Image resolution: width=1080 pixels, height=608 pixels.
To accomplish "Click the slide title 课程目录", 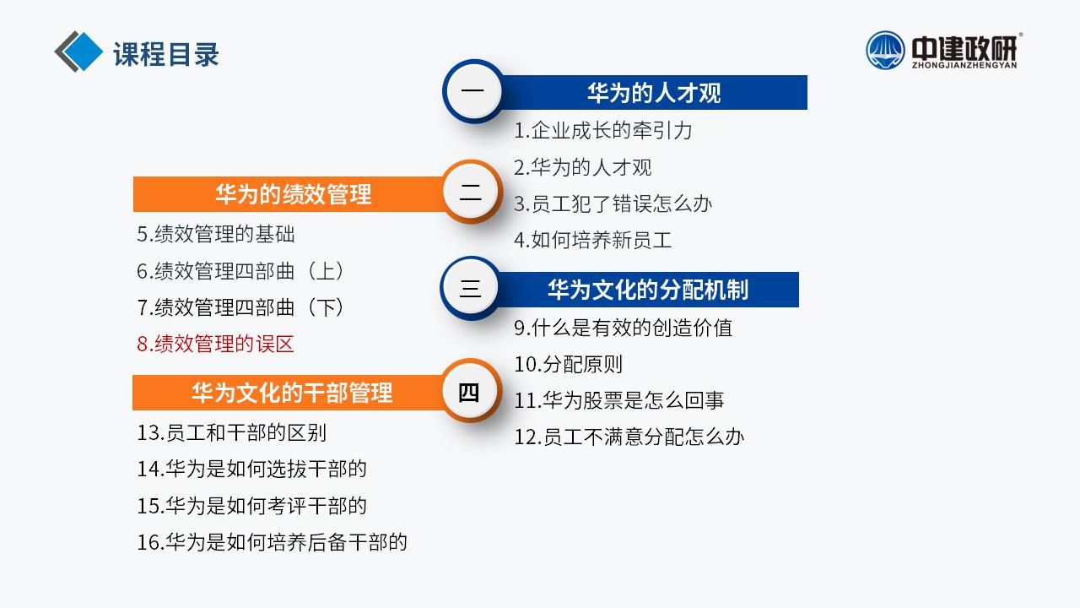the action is [166, 54].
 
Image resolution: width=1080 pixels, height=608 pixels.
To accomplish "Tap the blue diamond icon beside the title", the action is [83, 52].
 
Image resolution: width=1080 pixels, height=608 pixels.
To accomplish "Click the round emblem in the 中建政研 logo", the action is [885, 50].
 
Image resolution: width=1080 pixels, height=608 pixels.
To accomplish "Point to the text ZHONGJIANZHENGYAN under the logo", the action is [964, 65].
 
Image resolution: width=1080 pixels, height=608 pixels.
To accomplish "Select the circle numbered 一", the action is [473, 90].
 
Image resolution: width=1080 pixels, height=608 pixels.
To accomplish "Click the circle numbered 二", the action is [471, 192].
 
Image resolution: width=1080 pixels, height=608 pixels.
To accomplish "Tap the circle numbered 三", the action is [471, 288].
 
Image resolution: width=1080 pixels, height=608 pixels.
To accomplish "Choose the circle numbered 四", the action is [470, 391].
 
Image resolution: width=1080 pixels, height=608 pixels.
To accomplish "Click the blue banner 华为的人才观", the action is [653, 92].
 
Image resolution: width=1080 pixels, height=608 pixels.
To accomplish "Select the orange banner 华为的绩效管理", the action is [289, 194].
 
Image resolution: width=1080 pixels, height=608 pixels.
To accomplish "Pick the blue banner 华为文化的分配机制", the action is [647, 290].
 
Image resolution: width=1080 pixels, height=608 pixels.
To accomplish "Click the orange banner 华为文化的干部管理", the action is [289, 393].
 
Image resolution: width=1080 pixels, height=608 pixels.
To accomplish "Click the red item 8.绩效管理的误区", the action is [215, 344].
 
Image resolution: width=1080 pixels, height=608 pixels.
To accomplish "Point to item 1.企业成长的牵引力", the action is [603, 130].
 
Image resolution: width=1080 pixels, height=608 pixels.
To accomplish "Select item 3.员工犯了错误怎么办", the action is [613, 204].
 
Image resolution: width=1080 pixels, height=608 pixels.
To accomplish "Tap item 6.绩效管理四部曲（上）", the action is [240, 271].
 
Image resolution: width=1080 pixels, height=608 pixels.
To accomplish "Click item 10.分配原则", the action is [569, 364].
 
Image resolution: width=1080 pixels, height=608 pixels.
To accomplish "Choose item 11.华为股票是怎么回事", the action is [619, 400].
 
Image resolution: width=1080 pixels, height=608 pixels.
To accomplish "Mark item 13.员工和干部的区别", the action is [232, 433].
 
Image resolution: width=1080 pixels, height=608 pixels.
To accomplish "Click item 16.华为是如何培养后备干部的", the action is [272, 542].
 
